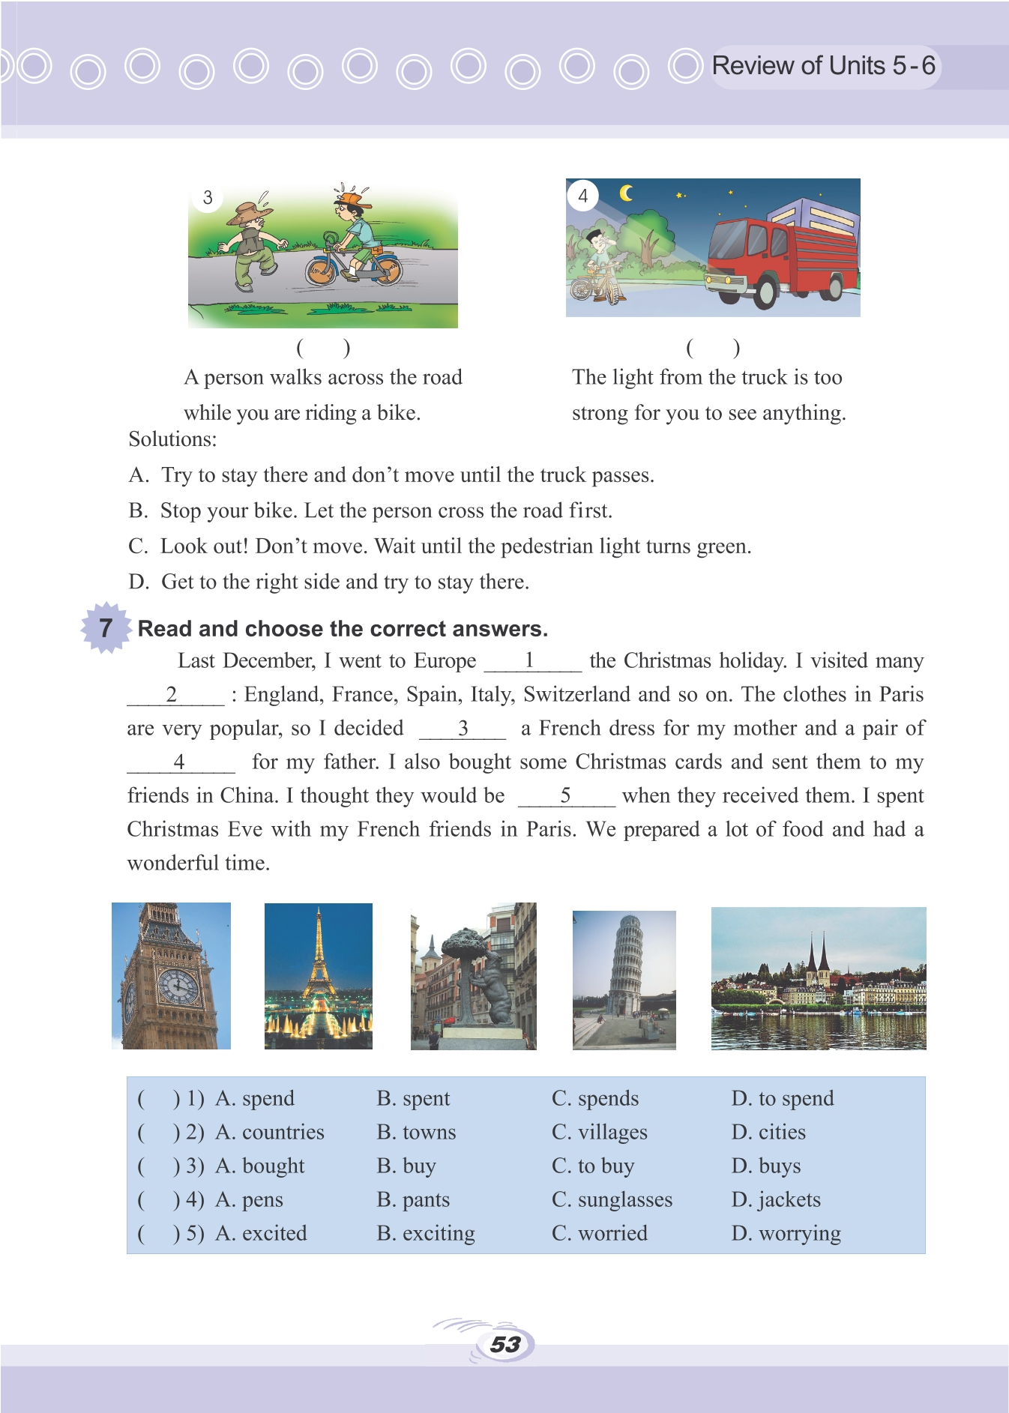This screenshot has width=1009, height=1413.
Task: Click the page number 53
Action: (x=505, y=1344)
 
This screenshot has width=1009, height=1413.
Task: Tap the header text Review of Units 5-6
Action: (x=823, y=66)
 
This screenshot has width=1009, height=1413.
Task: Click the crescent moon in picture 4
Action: (x=626, y=193)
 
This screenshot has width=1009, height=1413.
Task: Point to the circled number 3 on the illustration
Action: (x=208, y=198)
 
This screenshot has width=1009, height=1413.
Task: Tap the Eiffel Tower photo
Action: (x=319, y=975)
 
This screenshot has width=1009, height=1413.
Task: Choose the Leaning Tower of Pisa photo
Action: (x=624, y=979)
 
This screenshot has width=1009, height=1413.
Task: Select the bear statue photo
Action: (x=473, y=975)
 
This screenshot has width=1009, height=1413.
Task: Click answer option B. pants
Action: (x=413, y=1199)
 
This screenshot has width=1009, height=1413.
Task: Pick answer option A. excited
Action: (x=261, y=1233)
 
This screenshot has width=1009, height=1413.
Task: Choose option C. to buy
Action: (x=593, y=1166)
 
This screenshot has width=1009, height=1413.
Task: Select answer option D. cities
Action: (x=768, y=1132)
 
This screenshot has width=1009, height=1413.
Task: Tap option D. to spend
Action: (x=782, y=1098)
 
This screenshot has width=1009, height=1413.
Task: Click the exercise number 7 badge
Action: (x=106, y=628)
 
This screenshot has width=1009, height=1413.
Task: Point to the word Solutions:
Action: (x=172, y=439)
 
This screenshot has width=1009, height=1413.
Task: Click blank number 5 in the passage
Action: (x=566, y=795)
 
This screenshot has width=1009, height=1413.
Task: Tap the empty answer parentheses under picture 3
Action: (x=323, y=347)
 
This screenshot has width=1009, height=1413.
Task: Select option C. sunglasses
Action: (x=612, y=1199)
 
